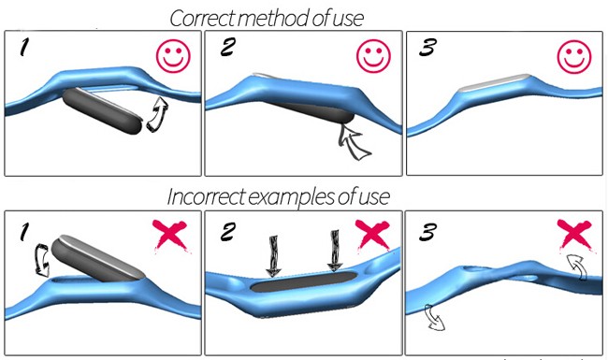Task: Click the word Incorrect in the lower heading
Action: (206, 197)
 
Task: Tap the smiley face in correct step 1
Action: (173, 57)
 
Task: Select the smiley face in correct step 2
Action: (374, 56)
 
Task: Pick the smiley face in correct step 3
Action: (574, 57)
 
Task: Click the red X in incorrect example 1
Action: (169, 235)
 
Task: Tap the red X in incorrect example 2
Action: (372, 235)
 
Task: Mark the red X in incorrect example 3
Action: (574, 234)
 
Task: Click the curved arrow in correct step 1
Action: (158, 115)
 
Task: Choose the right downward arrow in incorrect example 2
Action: (335, 251)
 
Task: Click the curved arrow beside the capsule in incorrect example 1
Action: (41, 260)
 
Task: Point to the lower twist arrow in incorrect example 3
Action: (434, 318)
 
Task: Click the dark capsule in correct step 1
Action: (102, 111)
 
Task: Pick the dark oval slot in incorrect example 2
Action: (303, 281)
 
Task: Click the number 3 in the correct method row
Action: (427, 48)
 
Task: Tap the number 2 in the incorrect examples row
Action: (228, 232)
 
